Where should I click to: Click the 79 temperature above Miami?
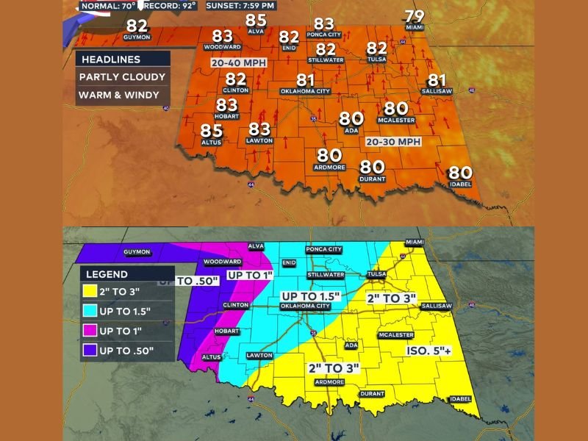click(x=415, y=17)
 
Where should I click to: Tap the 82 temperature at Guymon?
click(x=137, y=27)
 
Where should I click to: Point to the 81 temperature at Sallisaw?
click(x=437, y=80)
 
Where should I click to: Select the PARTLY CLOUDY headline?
click(x=123, y=77)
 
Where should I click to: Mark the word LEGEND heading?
click(x=110, y=273)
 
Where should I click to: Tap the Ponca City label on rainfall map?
click(x=324, y=250)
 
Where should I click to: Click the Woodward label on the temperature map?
click(x=221, y=48)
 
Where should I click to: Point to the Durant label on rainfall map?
click(x=373, y=393)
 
